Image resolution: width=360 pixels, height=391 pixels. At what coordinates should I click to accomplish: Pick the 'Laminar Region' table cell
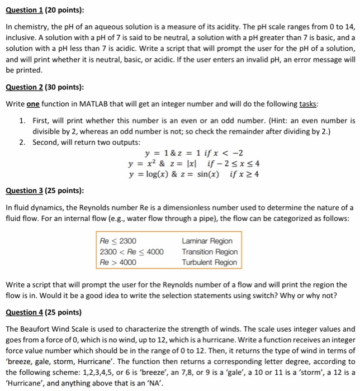(207, 241)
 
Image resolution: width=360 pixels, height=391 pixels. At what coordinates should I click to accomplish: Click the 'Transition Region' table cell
(209, 251)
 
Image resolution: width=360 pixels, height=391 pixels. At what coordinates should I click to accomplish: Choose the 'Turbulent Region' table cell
(209, 262)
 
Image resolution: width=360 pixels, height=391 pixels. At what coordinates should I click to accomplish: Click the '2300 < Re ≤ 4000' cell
(131, 251)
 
